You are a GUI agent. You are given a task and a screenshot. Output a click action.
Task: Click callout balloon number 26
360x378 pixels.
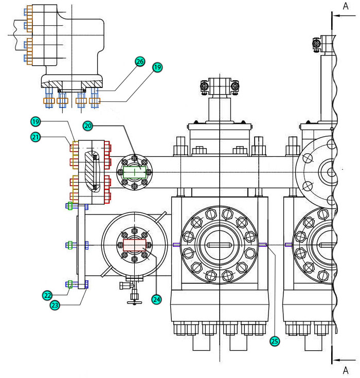140,62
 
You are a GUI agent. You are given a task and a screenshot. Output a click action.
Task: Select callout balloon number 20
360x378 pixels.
88,126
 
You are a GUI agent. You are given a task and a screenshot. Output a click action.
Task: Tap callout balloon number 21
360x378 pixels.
35,137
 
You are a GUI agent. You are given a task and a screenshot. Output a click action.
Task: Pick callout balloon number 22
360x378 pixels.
47,295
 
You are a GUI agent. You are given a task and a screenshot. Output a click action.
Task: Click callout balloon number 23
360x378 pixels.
55,305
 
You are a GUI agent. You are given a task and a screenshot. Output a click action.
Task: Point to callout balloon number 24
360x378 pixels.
156,299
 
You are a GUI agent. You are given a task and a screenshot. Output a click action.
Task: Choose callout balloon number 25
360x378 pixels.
275,341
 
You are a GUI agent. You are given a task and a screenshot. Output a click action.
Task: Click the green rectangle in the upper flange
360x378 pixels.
135,172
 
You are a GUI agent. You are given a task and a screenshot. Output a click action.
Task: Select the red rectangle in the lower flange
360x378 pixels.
135,245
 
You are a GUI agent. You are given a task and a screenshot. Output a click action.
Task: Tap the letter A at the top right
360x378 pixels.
346,6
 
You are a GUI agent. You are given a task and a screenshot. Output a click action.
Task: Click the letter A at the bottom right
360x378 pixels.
346,370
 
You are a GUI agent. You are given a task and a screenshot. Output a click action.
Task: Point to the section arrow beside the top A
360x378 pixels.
344,15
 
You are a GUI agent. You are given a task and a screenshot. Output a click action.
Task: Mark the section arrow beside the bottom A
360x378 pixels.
344,360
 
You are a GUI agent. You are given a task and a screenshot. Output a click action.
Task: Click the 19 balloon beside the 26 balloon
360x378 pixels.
157,67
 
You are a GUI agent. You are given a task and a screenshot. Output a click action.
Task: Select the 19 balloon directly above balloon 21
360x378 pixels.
35,121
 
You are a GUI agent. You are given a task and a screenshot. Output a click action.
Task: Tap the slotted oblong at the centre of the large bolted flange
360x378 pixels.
220,245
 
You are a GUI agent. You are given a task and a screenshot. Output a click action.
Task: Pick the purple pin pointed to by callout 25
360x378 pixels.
263,245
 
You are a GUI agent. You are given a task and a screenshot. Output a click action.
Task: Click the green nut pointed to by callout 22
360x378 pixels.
70,284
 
